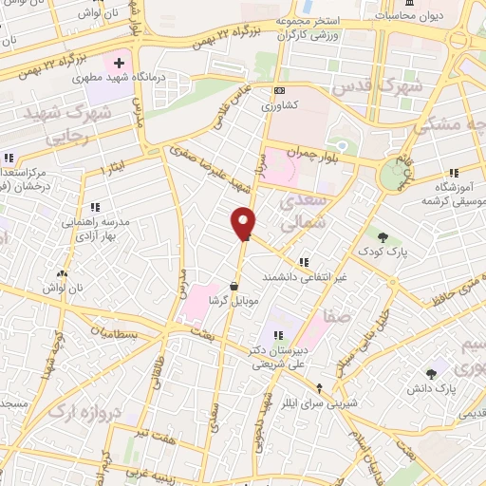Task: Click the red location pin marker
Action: [244, 223]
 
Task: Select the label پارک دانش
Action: [439, 389]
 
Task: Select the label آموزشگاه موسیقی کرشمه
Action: [453, 196]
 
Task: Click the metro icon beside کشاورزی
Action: [278, 91]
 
